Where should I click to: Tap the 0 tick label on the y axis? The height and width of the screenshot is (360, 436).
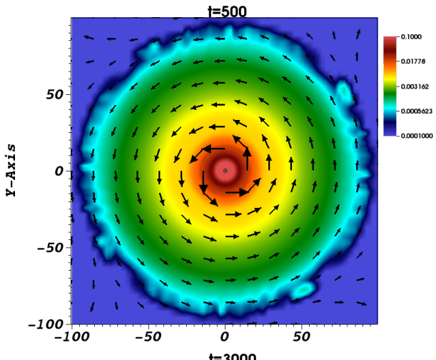(x=60, y=171)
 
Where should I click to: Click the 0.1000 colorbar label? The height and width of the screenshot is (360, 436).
(x=412, y=36)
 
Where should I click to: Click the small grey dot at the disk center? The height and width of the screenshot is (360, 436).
(x=225, y=170)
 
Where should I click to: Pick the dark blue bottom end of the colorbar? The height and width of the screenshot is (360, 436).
(x=390, y=131)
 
